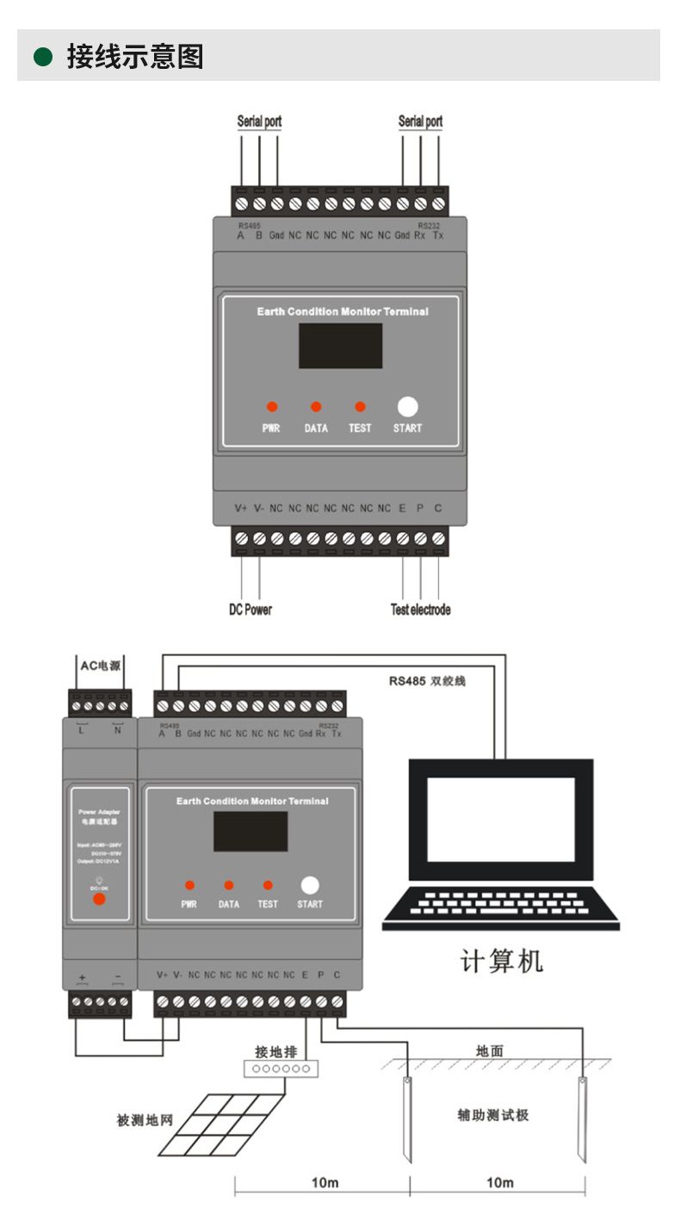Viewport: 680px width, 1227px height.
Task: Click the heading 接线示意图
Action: (x=135, y=57)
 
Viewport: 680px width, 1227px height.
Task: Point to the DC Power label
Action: (x=250, y=610)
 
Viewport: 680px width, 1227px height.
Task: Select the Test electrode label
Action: (x=420, y=610)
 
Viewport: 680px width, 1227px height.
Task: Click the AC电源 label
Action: (x=101, y=666)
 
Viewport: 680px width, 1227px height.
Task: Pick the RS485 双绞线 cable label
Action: (x=439, y=680)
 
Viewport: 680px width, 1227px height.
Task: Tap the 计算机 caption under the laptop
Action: (x=500, y=960)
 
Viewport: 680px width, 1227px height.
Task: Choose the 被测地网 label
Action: (x=145, y=1120)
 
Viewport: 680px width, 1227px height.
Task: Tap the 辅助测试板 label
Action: (x=492, y=1115)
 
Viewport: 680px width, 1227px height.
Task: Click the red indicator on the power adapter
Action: (x=99, y=899)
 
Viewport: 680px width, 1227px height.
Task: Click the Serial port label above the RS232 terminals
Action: (x=420, y=121)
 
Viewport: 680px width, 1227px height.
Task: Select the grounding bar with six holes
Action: (x=281, y=1069)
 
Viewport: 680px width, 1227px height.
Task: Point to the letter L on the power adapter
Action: (x=83, y=732)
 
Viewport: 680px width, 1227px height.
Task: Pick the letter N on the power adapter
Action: (x=117, y=732)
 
